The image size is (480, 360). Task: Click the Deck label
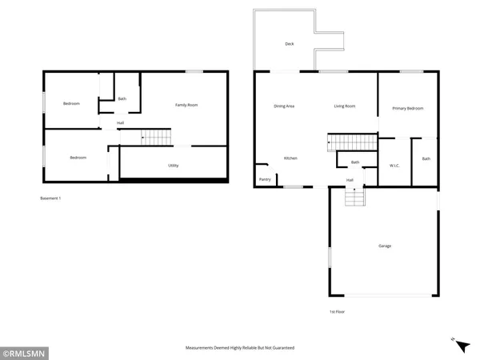[x=289, y=44]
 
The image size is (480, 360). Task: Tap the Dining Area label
[x=284, y=106]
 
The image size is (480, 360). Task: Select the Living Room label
[x=345, y=106]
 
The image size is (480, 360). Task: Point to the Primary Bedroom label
[x=407, y=108]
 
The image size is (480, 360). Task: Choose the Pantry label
[x=264, y=179]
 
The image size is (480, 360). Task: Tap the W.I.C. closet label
[x=394, y=166]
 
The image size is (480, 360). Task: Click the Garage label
[x=385, y=246]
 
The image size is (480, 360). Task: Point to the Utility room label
[x=173, y=166]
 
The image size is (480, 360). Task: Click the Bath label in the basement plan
[x=122, y=98]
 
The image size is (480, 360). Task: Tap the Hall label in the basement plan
[x=120, y=122]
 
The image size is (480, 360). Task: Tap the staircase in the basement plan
[x=156, y=138]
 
